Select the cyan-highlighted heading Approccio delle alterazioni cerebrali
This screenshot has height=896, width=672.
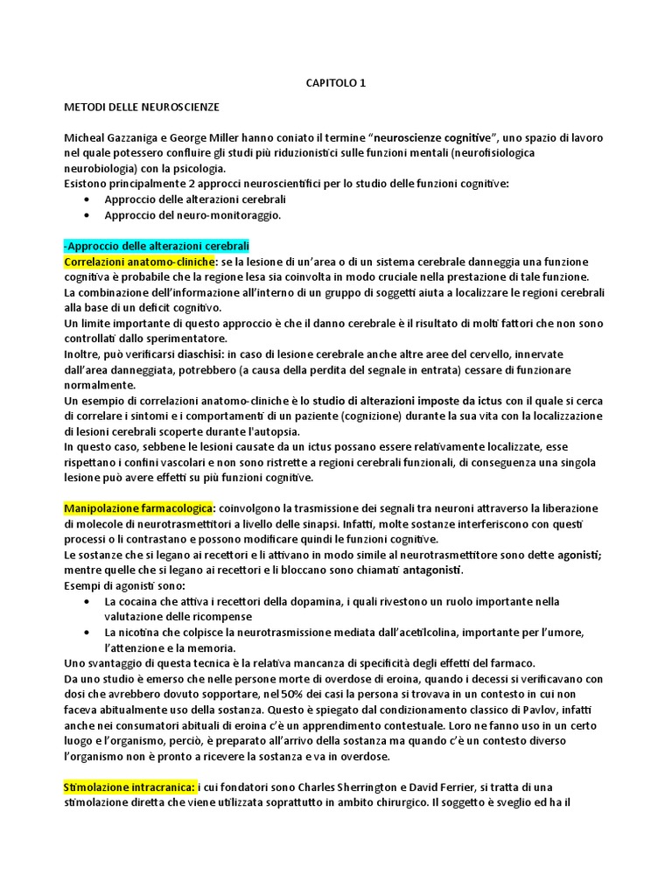coord(157,246)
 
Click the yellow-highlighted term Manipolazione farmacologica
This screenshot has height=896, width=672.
coord(138,508)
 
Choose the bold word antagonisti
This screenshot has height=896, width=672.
coord(437,570)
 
